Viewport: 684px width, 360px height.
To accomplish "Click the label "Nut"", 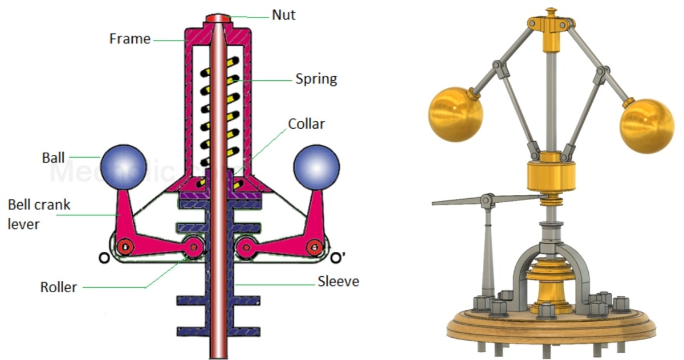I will [283, 15].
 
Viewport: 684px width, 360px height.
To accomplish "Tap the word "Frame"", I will [131, 39].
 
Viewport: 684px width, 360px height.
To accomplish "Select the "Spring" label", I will [316, 78].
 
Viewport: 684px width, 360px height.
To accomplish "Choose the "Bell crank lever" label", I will [39, 214].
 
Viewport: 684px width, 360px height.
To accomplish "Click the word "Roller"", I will [59, 287].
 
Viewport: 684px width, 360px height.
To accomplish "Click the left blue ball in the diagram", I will [123, 166].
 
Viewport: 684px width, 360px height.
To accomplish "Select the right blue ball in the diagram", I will [316, 166].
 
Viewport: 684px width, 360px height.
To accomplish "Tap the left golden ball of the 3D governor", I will [455, 114].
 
